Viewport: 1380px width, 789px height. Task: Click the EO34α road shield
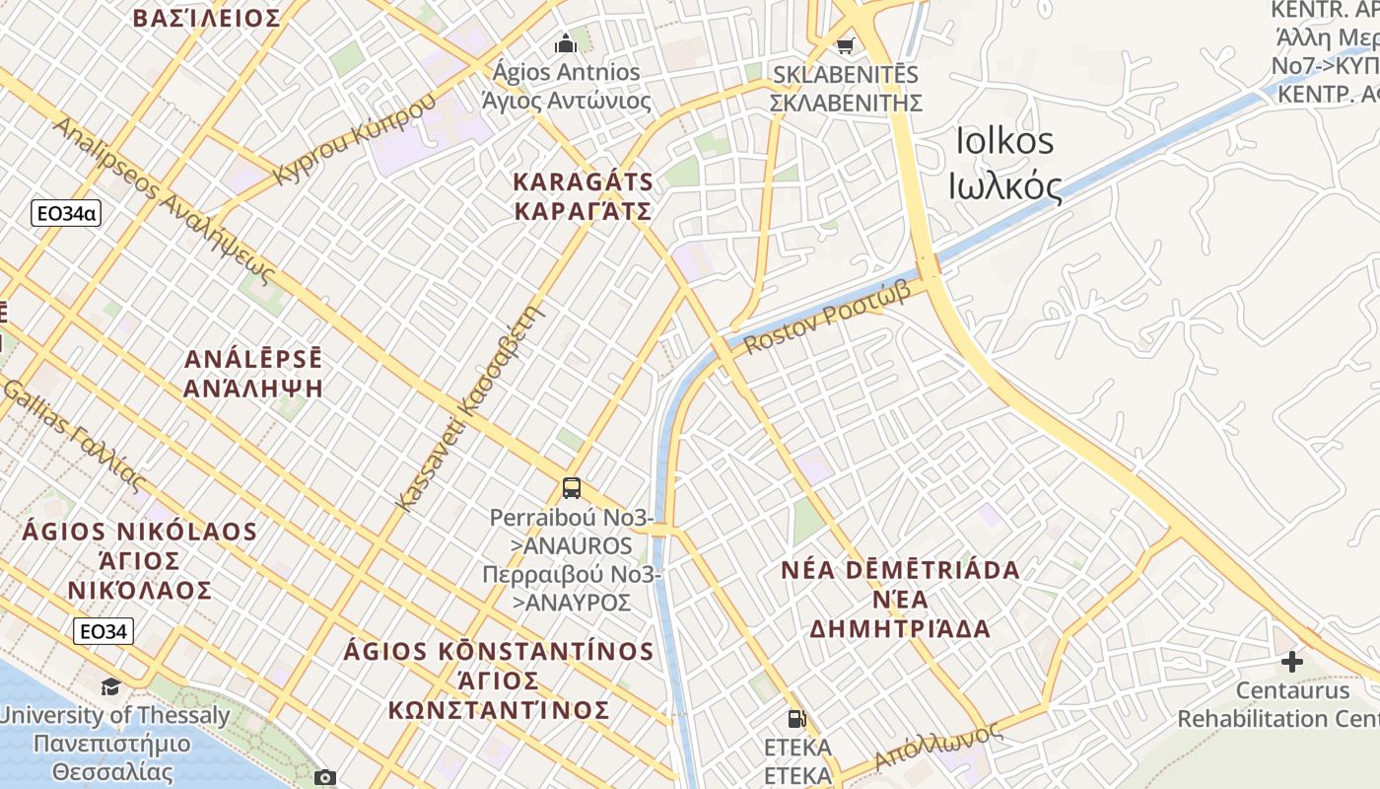point(67,213)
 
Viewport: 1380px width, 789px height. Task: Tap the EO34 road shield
point(103,631)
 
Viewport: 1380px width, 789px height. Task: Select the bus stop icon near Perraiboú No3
point(572,487)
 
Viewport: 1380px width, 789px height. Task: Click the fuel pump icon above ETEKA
point(796,719)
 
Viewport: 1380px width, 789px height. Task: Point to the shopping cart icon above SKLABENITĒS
point(845,44)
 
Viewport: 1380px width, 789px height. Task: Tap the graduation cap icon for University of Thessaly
point(110,686)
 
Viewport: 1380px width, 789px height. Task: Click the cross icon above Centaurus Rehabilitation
point(1291,661)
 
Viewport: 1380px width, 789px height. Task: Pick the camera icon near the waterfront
point(325,777)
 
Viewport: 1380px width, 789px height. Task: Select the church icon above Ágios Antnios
point(566,43)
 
